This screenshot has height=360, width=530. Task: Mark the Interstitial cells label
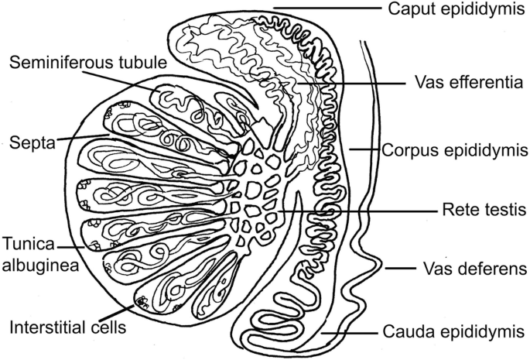[x=67, y=326]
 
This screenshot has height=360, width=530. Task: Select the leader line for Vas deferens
[x=402, y=269]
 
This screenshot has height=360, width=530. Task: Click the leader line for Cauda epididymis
[x=352, y=333]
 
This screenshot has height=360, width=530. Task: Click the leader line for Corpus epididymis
[x=364, y=149]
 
